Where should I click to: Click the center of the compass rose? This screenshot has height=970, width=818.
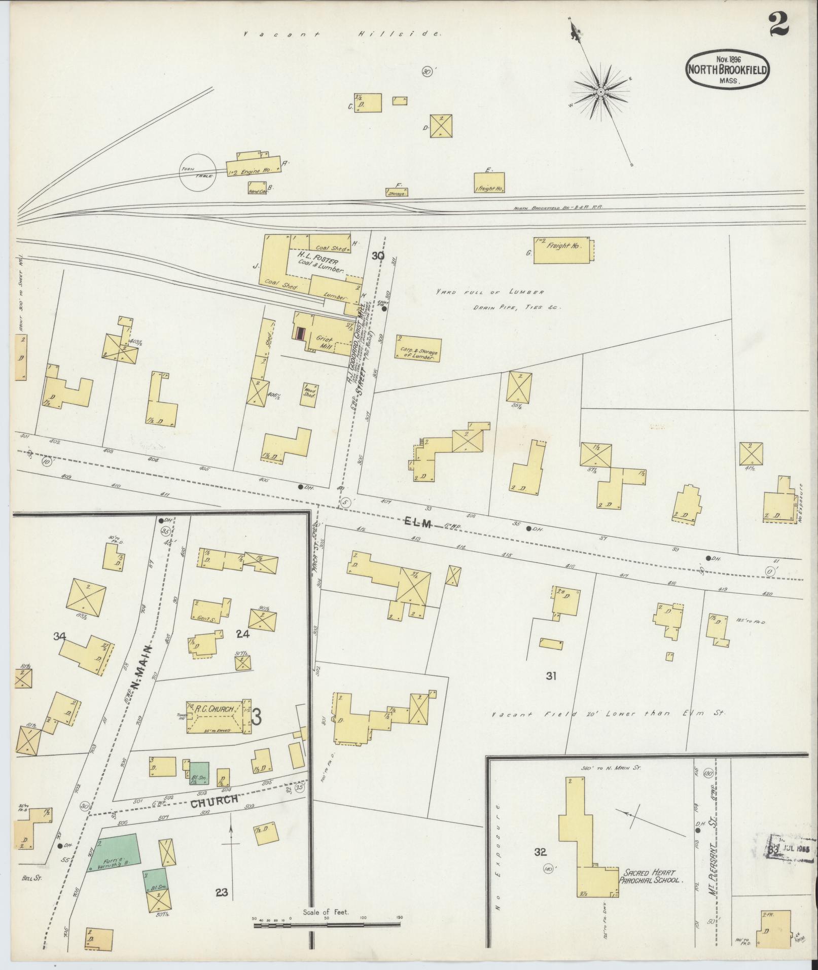[x=600, y=92]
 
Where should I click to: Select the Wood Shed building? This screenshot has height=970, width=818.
[x=309, y=394]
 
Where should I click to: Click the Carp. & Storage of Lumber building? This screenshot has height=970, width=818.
[x=418, y=349]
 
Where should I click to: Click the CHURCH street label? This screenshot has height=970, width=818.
[x=215, y=800]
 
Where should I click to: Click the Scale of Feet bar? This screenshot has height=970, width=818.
[x=327, y=925]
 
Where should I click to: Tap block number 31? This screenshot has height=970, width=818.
[x=552, y=675]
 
